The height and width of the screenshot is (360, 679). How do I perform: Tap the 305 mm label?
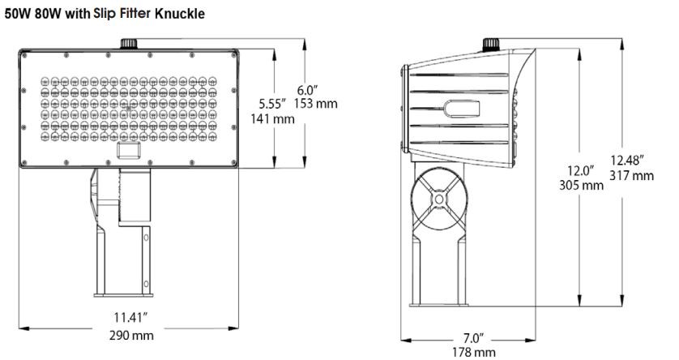click(x=581, y=185)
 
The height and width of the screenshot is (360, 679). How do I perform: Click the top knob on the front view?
click(x=128, y=42)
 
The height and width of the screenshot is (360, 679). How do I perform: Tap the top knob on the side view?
click(x=489, y=42)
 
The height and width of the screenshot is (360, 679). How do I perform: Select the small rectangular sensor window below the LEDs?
click(x=127, y=150)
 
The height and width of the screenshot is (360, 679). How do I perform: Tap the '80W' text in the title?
click(x=48, y=14)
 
